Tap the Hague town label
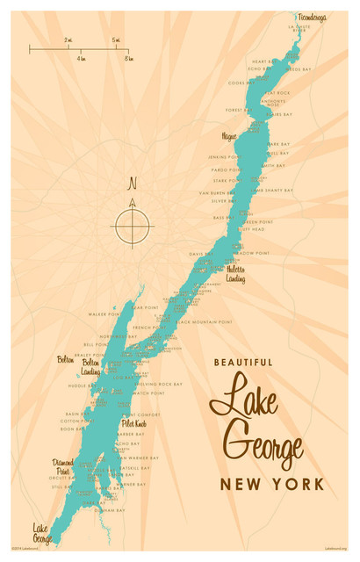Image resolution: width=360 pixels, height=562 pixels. pyautogui.click(x=229, y=137)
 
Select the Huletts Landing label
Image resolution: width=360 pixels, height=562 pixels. pyautogui.click(x=235, y=274)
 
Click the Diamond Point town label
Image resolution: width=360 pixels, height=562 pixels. pyautogui.click(x=63, y=465)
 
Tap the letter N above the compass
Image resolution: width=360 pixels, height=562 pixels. pyautogui.click(x=133, y=184)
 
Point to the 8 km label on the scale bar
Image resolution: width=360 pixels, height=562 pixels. pyautogui.click(x=128, y=58)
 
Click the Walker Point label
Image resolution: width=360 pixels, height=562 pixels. pyautogui.click(x=103, y=313)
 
